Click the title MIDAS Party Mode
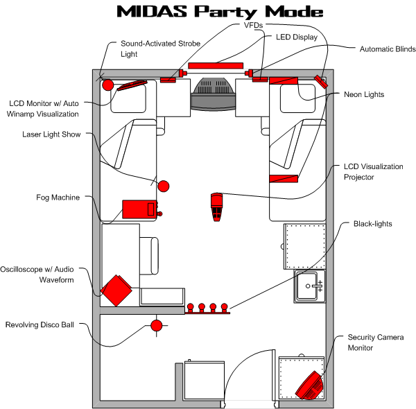click(x=219, y=12)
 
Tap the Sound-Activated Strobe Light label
click(x=160, y=48)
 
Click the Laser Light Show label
click(x=51, y=134)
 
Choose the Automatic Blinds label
click(x=387, y=49)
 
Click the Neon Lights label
click(x=364, y=94)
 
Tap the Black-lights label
click(x=373, y=224)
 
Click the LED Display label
click(x=296, y=37)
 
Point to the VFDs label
click(x=253, y=25)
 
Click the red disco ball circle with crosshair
click(x=157, y=324)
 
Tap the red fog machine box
click(x=139, y=209)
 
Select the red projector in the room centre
click(x=217, y=206)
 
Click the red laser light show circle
click(x=164, y=186)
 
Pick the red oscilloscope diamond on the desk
click(x=116, y=290)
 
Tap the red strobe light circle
click(x=107, y=85)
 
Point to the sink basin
click(x=310, y=285)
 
